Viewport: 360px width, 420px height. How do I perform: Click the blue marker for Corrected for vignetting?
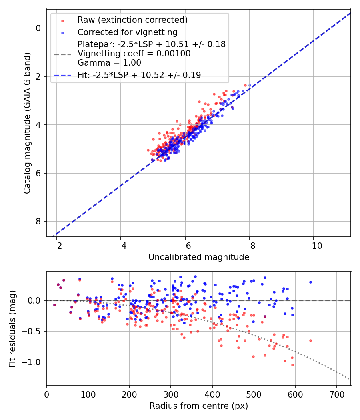[62, 32]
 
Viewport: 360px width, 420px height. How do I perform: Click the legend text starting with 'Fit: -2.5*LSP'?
[139, 75]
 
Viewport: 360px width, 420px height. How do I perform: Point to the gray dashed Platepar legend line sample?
[62, 54]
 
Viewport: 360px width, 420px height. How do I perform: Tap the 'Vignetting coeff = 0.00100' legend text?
[134, 54]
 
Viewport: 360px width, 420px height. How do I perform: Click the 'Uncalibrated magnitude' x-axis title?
[199, 257]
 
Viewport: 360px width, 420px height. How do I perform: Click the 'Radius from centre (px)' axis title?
[199, 406]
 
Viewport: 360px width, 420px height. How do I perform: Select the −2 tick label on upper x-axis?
[56, 245]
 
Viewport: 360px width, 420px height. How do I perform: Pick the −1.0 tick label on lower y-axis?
[32, 362]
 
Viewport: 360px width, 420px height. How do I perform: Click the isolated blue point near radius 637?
[310, 282]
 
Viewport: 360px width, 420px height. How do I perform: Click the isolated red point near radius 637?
[310, 340]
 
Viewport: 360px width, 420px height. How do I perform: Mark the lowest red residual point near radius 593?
[292, 365]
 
